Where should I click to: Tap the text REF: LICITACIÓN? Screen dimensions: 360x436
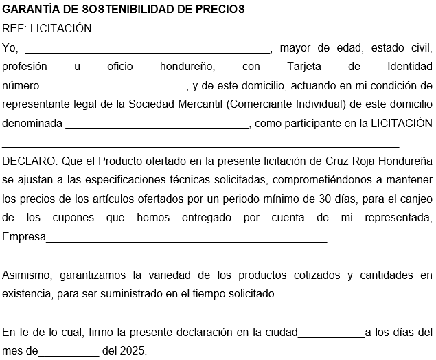pos(47,29)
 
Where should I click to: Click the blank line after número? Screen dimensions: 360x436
pos(113,87)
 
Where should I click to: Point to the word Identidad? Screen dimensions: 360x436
pos(409,67)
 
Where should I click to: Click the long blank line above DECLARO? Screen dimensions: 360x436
pos(200,144)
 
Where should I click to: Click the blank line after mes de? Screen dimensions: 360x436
pos(69,351)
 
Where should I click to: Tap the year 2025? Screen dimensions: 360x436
pos(133,350)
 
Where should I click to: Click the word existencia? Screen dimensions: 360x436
pos(26,294)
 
